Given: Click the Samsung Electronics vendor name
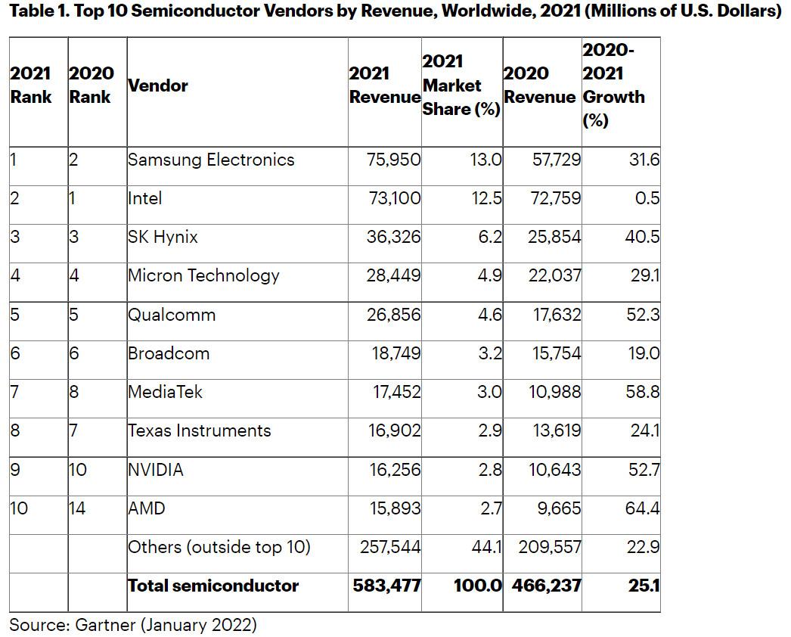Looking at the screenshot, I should (x=211, y=160).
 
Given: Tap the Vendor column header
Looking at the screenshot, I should (x=158, y=85).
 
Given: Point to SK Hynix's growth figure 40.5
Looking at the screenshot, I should (x=643, y=238).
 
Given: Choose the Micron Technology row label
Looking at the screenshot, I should (x=203, y=276).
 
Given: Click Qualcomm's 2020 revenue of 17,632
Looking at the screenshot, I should (x=557, y=315).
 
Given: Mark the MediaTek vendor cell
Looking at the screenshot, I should (x=166, y=392).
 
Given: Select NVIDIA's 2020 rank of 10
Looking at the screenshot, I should (x=78, y=470).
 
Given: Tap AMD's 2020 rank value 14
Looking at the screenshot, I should (x=77, y=508).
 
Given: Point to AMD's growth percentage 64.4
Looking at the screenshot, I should (x=642, y=508).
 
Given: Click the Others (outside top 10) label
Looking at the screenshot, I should (x=219, y=547).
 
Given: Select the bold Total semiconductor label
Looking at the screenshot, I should (x=213, y=586).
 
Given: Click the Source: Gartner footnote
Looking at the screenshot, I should (x=133, y=626).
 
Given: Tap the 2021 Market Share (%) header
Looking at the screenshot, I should (x=461, y=85).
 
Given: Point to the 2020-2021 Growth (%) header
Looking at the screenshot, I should (x=613, y=85).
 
